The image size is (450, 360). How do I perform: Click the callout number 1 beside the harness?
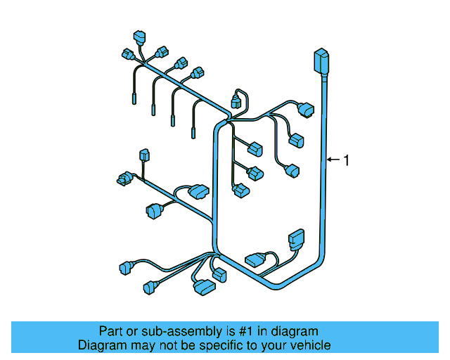pos(345,160)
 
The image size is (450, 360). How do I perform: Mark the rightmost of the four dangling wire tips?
pos(194,131)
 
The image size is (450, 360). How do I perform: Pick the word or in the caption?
pos(133,331)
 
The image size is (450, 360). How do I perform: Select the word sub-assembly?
pos(177,331)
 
